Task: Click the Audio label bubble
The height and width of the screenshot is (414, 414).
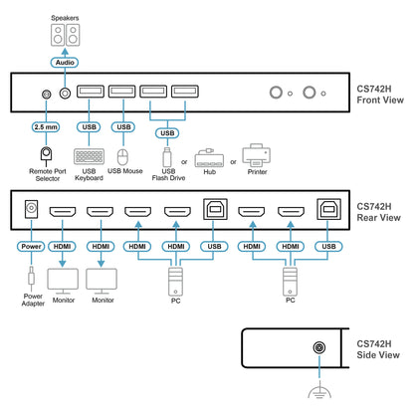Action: (x=65, y=63)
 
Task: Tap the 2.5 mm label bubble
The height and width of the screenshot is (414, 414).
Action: (x=46, y=127)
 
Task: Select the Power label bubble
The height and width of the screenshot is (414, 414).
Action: (x=31, y=247)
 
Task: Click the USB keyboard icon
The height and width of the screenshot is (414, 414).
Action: (x=89, y=156)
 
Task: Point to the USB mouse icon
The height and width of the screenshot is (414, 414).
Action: (x=123, y=157)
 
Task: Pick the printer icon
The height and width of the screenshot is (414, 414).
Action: (x=256, y=155)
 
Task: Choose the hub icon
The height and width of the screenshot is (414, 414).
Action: (x=209, y=158)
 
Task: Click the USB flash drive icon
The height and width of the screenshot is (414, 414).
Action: (x=167, y=157)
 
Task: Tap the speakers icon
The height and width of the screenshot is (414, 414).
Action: (x=65, y=35)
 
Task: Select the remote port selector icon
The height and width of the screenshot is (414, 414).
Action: (x=46, y=156)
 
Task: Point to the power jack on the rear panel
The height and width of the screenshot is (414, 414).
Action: (x=31, y=209)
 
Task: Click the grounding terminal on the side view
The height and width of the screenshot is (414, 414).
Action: (x=319, y=347)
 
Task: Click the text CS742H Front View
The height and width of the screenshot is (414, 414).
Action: (x=380, y=95)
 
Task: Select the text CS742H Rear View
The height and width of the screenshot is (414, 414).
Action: (x=378, y=212)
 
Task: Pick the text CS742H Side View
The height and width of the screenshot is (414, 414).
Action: (x=378, y=349)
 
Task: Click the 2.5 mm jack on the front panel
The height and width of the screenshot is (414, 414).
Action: (x=47, y=95)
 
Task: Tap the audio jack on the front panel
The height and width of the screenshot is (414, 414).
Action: (x=65, y=94)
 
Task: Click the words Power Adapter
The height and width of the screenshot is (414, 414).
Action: (x=33, y=300)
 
